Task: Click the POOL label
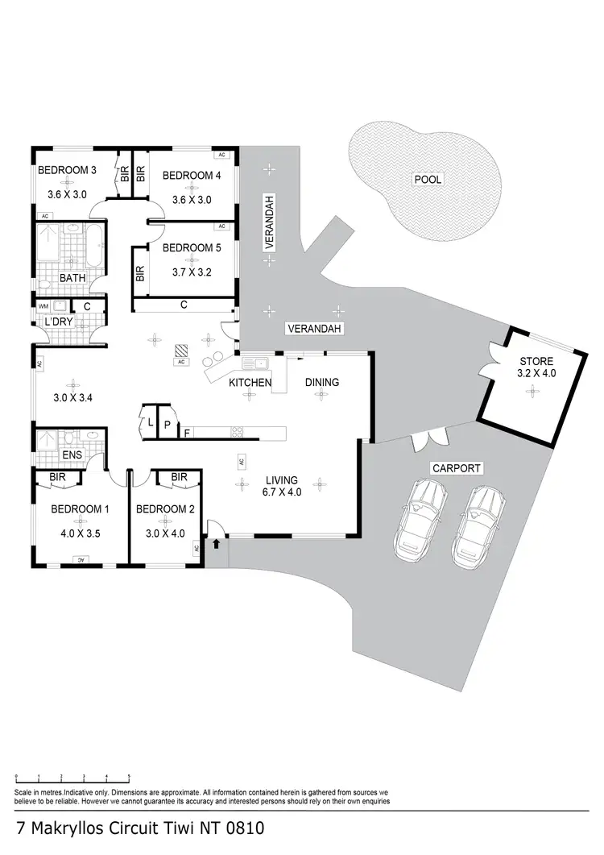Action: pyautogui.click(x=428, y=180)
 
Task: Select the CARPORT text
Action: pyautogui.click(x=457, y=467)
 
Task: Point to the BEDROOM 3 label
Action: pyautogui.click(x=68, y=170)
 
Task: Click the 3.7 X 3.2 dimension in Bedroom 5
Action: pyautogui.click(x=191, y=273)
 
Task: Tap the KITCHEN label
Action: pyautogui.click(x=250, y=382)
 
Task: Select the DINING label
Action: pyautogui.click(x=321, y=382)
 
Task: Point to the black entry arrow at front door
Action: pyautogui.click(x=217, y=544)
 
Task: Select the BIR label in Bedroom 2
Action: pyautogui.click(x=179, y=477)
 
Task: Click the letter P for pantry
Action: pyautogui.click(x=167, y=424)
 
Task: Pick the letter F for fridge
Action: pyautogui.click(x=188, y=434)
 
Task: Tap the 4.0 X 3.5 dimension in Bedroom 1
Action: pyautogui.click(x=80, y=533)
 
